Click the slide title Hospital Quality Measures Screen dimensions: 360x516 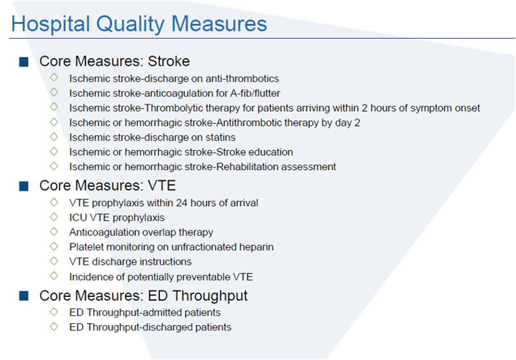pyautogui.click(x=139, y=24)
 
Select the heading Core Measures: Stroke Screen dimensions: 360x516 pyautogui.click(x=114, y=61)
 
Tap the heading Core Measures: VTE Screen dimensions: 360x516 pyautogui.click(x=107, y=185)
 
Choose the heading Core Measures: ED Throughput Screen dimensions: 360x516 pyautogui.click(x=143, y=295)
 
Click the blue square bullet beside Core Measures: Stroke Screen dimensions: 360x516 pyautogui.click(x=24, y=62)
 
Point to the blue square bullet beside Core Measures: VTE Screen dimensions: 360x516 pyautogui.click(x=24, y=186)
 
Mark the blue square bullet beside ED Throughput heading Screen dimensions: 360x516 pyautogui.click(x=24, y=296)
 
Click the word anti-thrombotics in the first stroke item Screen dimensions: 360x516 pyautogui.click(x=244, y=78)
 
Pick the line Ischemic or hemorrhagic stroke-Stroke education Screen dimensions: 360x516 pyautogui.click(x=181, y=152)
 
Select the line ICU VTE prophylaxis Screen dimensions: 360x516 pyautogui.click(x=117, y=217)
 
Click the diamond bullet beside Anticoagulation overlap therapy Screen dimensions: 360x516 pyautogui.click(x=54, y=232)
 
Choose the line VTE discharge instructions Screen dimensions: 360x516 pyautogui.click(x=130, y=261)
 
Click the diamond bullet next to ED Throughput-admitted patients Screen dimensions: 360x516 pyautogui.click(x=54, y=312)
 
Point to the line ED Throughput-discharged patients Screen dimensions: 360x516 pyautogui.click(x=150, y=327)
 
